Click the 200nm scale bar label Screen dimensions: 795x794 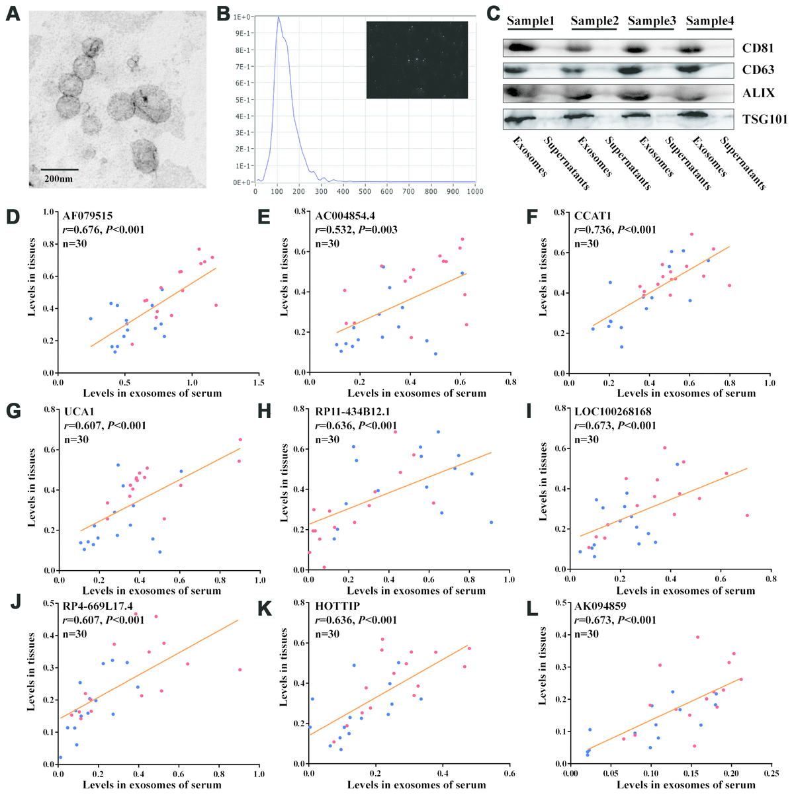tap(59, 179)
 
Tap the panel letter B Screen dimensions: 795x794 tap(223, 13)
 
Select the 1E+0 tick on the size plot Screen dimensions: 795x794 tap(242, 17)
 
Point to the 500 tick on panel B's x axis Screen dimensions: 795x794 tap(365, 192)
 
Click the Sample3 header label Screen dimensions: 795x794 tap(652, 21)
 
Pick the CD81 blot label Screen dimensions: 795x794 tap(758, 48)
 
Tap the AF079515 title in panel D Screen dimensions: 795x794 tap(89, 216)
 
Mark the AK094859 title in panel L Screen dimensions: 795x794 tap(603, 605)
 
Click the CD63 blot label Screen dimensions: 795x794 tap(758, 70)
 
